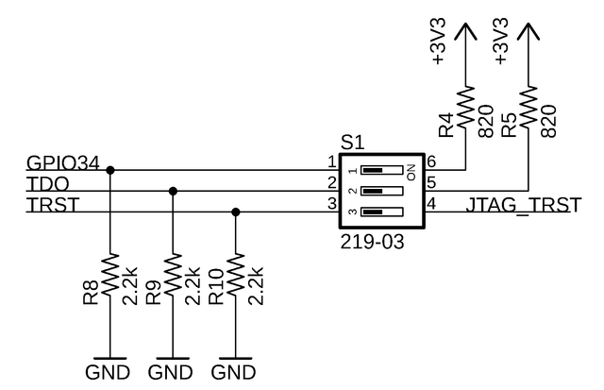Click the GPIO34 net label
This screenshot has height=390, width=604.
63,163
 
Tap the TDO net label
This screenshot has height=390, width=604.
48,184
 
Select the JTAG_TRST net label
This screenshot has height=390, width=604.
523,206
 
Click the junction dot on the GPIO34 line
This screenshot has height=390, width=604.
110,170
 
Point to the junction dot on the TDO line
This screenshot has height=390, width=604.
173,191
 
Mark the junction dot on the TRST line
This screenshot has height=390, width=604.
236,212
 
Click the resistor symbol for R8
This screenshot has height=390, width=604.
110,275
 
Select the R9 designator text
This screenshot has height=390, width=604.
153,294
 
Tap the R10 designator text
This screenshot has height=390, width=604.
216,287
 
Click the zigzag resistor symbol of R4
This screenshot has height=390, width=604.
465,107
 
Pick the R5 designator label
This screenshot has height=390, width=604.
509,125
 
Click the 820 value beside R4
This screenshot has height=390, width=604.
486,122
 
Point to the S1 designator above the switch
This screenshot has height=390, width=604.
352,144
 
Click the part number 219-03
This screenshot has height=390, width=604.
372,243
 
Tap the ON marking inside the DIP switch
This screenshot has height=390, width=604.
411,172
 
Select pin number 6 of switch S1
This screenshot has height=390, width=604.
431,161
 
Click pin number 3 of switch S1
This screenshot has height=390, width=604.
332,204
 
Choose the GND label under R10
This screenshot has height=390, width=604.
233,373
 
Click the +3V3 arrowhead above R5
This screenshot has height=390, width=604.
528,31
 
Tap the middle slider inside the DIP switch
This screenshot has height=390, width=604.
381,191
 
